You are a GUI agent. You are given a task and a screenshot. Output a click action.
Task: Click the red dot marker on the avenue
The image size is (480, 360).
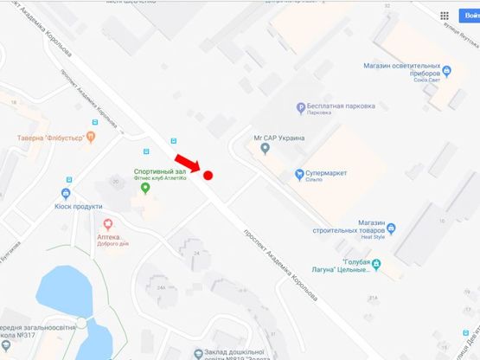(208, 175)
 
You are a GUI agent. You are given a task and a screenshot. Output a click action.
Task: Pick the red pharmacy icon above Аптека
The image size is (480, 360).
(109, 225)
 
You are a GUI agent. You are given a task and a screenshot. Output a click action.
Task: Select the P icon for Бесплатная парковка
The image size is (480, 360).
(301, 108)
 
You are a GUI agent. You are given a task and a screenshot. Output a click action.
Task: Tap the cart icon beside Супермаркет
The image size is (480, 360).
(298, 173)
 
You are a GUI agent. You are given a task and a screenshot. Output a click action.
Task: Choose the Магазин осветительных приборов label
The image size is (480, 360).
(403, 68)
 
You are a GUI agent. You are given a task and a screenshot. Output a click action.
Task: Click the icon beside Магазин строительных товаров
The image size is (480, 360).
(392, 228)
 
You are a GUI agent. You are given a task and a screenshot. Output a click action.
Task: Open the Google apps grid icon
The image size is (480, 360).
(445, 16)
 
